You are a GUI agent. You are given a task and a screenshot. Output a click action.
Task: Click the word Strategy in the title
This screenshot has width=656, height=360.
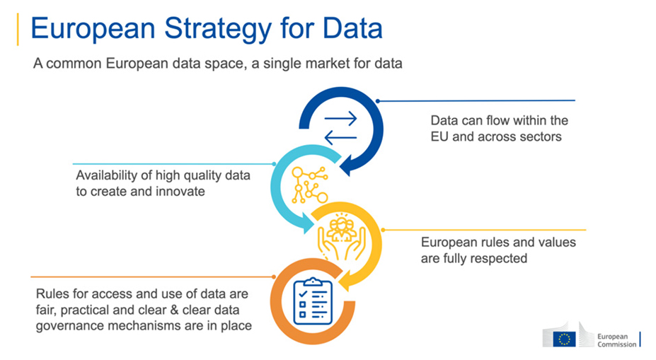click(218, 29)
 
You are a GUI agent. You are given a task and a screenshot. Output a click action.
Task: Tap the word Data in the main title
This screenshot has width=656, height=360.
click(352, 28)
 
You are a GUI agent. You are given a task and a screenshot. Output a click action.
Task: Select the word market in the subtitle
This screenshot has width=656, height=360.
click(332, 64)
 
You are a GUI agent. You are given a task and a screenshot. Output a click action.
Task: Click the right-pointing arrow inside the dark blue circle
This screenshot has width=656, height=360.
click(340, 119)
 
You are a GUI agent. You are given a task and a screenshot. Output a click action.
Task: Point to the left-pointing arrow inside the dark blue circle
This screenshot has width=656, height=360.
click(340, 137)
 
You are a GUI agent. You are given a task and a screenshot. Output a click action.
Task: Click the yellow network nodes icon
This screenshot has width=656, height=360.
click(309, 185)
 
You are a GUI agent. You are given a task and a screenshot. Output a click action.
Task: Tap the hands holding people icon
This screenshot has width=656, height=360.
click(342, 236)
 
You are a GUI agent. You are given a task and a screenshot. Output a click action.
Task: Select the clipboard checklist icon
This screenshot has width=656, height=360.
click(313, 301)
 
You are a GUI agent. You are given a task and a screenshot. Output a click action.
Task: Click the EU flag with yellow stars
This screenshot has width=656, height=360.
click(564, 339)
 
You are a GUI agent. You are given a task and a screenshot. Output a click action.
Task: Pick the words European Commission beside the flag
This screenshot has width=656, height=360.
click(616, 340)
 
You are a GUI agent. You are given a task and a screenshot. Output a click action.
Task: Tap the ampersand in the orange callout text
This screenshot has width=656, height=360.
click(175, 310)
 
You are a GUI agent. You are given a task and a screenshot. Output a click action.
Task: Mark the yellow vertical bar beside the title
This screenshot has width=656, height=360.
click(18, 29)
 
